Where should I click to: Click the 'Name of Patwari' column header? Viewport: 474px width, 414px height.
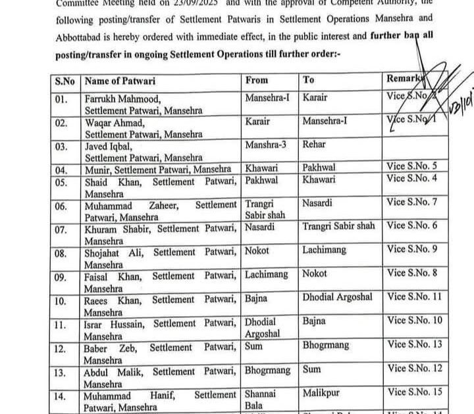point(121,81)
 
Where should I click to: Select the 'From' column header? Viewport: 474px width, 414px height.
point(257,80)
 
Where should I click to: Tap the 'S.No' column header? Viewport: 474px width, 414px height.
point(65,81)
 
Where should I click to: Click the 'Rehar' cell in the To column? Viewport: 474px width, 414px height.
point(315,144)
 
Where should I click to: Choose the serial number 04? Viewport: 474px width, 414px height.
point(61,170)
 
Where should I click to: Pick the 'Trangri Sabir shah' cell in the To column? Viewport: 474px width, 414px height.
point(339,225)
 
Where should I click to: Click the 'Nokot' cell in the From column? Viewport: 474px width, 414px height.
point(257,250)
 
